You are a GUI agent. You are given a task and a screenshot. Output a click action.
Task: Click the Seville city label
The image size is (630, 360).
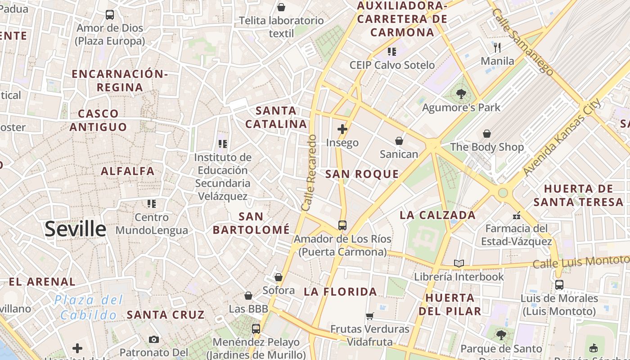[x=75, y=229]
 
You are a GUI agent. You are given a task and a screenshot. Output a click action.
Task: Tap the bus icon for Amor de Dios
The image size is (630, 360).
[x=110, y=15]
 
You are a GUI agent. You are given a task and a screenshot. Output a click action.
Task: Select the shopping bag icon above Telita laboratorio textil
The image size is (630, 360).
[x=281, y=7]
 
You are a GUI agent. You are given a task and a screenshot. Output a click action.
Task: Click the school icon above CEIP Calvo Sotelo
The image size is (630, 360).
[x=391, y=52]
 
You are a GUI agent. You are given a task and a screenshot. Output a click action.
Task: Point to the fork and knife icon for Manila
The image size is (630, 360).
[x=497, y=47]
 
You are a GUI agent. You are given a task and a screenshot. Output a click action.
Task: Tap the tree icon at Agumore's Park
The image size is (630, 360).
[x=461, y=94]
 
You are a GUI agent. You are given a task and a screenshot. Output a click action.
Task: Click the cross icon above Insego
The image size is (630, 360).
[x=342, y=129]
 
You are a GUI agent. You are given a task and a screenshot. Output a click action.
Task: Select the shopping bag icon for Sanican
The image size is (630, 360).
[x=399, y=141]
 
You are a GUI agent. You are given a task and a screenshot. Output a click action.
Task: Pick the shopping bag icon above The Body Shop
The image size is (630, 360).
[x=487, y=134]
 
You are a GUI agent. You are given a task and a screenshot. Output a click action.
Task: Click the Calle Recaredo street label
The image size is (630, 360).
[x=309, y=173]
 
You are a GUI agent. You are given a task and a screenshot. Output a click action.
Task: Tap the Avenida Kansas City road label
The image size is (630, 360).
[x=562, y=137]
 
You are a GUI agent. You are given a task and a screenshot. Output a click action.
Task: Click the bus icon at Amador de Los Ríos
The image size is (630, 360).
[x=342, y=225]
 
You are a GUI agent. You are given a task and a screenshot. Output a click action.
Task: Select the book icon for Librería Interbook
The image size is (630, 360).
[x=459, y=263]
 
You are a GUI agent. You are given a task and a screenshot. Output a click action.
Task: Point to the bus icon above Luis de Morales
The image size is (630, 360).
[x=559, y=284]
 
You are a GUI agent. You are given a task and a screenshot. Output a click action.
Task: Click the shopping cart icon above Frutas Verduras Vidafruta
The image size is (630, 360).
[x=370, y=316]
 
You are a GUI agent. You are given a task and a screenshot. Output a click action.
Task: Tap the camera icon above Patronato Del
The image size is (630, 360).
[x=154, y=339]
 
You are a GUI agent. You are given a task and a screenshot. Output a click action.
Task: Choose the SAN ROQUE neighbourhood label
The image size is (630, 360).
[x=362, y=174]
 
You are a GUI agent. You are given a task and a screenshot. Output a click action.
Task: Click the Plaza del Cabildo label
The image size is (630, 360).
[x=89, y=307]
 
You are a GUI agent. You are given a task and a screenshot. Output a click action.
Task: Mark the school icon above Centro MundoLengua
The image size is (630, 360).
[x=152, y=204]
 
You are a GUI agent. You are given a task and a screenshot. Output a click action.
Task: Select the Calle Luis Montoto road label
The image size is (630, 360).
[x=580, y=261]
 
